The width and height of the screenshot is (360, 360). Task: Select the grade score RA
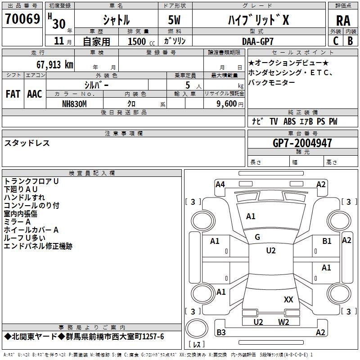[x=343, y=20]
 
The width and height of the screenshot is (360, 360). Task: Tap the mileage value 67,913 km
[x=50, y=64]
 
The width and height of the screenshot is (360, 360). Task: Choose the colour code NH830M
[x=74, y=103]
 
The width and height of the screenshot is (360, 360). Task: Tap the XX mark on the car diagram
[x=288, y=299]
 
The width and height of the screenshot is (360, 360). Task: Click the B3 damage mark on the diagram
[x=221, y=333]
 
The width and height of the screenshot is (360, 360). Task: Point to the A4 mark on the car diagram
[x=220, y=184]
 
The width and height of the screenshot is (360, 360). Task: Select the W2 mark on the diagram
[x=283, y=322]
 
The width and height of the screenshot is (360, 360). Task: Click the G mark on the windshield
[x=257, y=237]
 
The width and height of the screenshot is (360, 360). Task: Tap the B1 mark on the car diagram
[x=327, y=241]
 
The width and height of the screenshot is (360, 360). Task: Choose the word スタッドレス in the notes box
[x=27, y=143]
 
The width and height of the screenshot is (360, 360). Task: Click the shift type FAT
[x=13, y=94]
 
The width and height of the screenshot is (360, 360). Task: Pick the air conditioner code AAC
[x=35, y=94]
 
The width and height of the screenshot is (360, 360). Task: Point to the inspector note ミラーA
[x=17, y=221]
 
